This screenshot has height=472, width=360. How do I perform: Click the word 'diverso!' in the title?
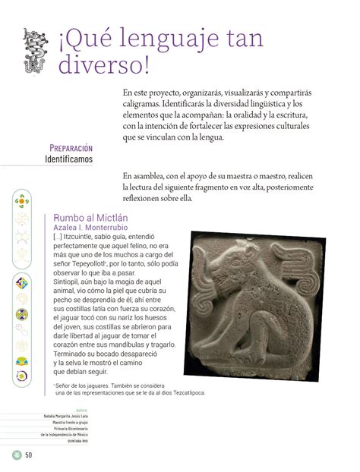point(103,65)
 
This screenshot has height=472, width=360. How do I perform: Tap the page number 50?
point(29,455)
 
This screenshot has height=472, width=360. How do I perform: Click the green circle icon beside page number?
point(14,455)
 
